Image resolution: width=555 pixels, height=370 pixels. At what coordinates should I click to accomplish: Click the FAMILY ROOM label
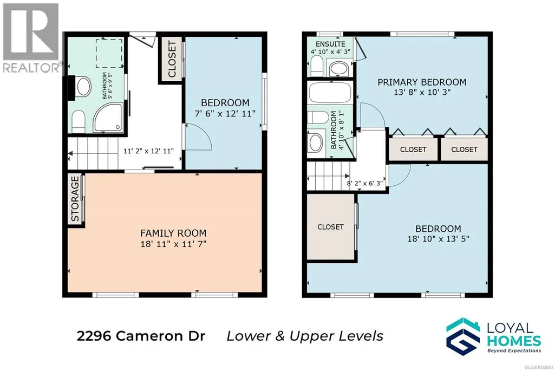coord(173,233)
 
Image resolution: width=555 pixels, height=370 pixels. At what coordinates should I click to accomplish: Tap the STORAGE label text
coord(75,199)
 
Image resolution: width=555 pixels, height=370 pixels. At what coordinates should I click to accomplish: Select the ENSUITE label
coord(330,44)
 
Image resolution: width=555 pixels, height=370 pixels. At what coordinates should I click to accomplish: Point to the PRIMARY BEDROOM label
coord(422,82)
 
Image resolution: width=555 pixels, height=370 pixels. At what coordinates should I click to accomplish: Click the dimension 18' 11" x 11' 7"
coord(173,244)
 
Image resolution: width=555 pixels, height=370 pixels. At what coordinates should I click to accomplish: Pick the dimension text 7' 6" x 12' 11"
coord(225,114)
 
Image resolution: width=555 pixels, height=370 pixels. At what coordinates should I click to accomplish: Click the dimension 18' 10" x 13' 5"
coord(438,239)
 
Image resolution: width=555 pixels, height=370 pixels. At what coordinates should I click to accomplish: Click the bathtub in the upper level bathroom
coord(330,93)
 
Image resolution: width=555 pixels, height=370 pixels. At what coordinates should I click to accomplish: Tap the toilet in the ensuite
coord(316,66)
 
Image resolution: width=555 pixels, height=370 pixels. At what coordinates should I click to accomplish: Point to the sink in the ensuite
coord(339,69)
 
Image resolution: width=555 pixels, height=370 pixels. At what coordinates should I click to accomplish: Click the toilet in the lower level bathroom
coord(79,121)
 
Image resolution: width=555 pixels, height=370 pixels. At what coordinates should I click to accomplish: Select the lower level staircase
coord(93,154)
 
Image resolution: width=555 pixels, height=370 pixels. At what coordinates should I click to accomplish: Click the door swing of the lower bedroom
coord(199,137)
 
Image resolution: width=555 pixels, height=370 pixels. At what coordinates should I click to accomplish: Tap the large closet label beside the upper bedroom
coord(330,227)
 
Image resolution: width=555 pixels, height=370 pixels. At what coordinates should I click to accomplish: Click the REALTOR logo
coord(31,37)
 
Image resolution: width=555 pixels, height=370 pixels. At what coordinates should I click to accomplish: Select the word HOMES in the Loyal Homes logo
coord(514,341)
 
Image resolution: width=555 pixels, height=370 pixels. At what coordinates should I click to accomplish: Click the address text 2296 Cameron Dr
coord(141,336)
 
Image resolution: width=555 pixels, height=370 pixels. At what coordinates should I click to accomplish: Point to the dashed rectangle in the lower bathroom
coord(109,54)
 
